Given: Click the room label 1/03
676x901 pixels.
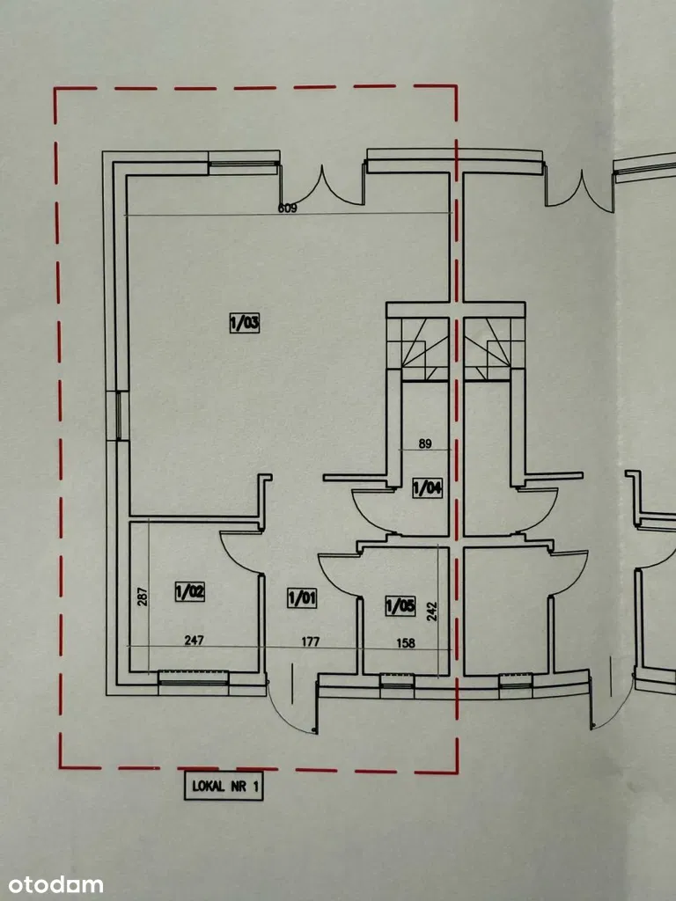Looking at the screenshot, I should click(246, 324).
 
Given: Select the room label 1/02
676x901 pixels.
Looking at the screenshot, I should click(190, 591).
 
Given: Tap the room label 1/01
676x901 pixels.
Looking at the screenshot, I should click(302, 598).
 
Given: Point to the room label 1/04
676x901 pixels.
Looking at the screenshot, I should click(427, 487).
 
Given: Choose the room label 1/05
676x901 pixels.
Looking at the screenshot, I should click(400, 604).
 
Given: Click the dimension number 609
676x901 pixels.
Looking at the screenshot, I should click(288, 209).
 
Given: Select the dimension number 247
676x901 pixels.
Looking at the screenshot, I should click(194, 641).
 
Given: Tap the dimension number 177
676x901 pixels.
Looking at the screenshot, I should click(310, 641).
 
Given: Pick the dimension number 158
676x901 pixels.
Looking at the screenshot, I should click(406, 643).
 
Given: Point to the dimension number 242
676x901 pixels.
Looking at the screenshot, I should click(431, 612).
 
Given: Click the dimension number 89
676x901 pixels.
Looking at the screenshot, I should click(425, 444).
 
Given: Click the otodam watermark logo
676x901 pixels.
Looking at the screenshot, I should click(55, 884).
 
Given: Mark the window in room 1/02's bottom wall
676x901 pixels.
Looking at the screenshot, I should click(194, 678).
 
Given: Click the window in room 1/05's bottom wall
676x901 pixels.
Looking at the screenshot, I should click(397, 679).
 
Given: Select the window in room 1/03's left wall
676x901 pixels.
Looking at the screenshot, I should click(119, 415).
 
